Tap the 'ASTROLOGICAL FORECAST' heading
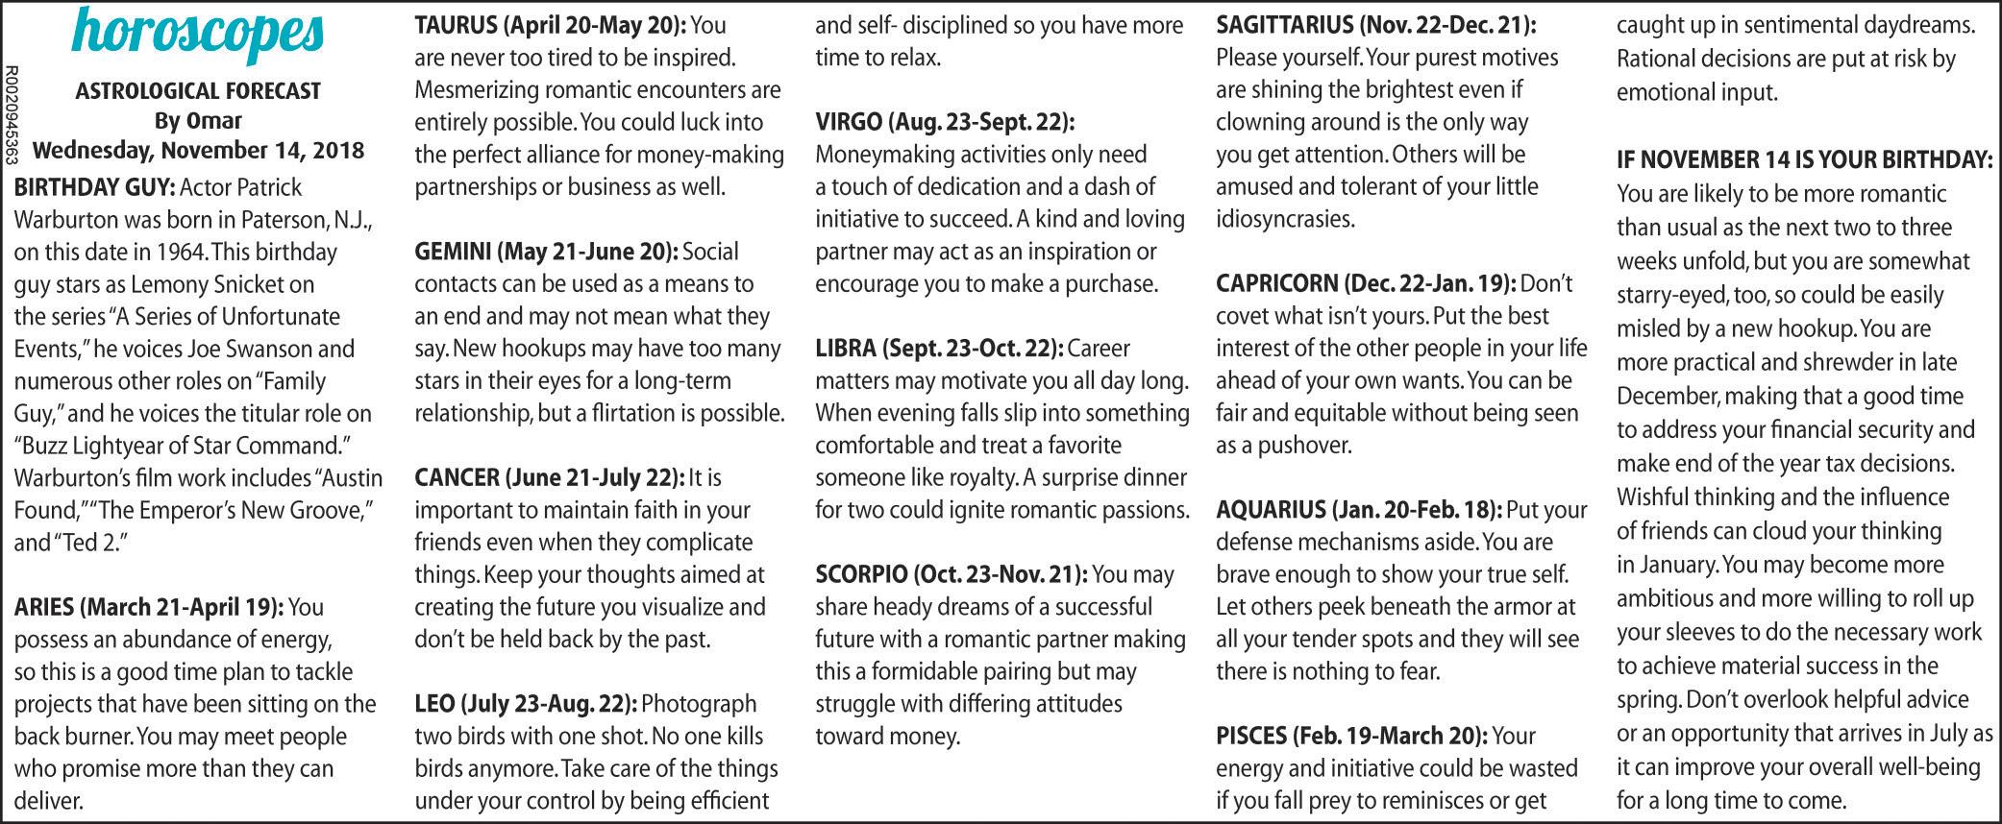(x=198, y=91)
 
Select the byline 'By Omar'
(x=198, y=121)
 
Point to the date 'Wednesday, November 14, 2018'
(x=198, y=151)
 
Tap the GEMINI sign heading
(x=546, y=252)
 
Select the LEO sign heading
(x=526, y=704)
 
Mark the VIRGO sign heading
(x=945, y=122)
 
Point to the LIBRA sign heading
(x=939, y=349)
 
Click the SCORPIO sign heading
(x=952, y=575)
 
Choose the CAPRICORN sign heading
(x=1366, y=283)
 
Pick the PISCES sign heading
(x=1351, y=736)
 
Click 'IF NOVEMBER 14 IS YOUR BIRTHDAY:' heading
(x=1804, y=159)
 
